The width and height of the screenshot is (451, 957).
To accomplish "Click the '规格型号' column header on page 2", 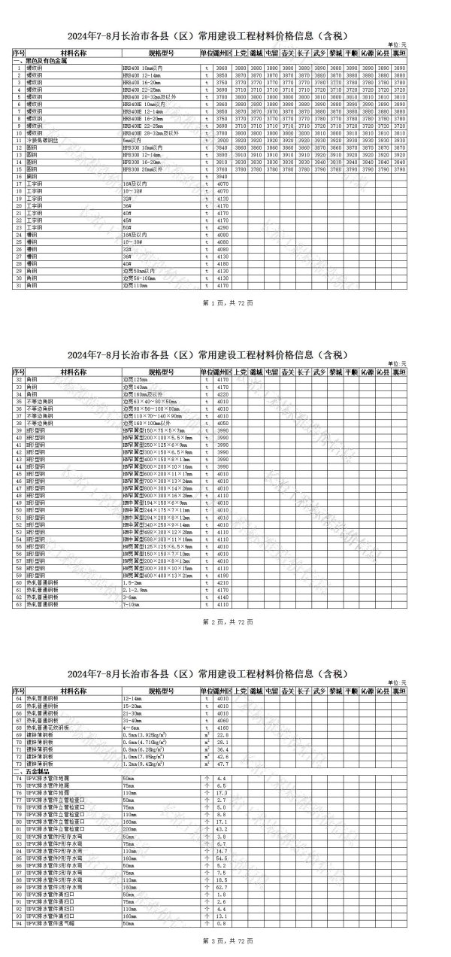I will point(161,372).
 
